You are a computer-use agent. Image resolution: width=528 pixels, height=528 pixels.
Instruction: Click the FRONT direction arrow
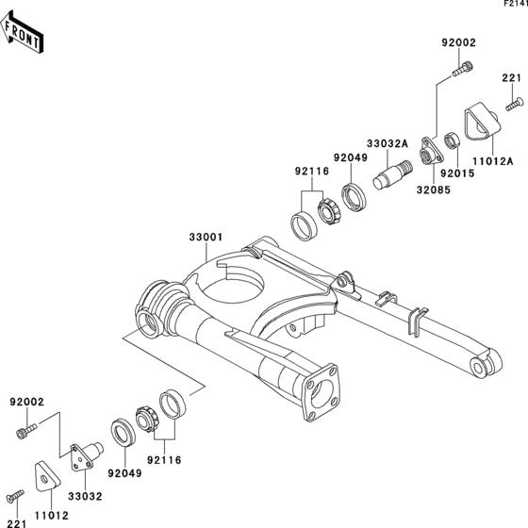tap(22, 32)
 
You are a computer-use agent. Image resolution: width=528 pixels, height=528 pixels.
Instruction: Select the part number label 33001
tap(206, 237)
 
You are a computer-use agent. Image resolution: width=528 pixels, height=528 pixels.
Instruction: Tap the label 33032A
tap(388, 143)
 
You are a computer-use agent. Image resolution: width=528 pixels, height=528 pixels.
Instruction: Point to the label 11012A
tap(492, 161)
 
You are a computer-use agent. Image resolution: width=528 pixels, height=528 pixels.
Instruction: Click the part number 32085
tap(434, 190)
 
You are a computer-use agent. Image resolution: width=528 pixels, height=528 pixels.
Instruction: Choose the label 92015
tap(457, 173)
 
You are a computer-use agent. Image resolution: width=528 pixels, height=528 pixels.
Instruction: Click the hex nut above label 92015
tap(451, 140)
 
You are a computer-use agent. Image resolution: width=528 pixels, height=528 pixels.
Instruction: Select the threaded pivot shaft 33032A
tap(392, 174)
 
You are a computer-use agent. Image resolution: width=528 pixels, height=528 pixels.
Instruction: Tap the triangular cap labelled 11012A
tap(483, 122)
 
